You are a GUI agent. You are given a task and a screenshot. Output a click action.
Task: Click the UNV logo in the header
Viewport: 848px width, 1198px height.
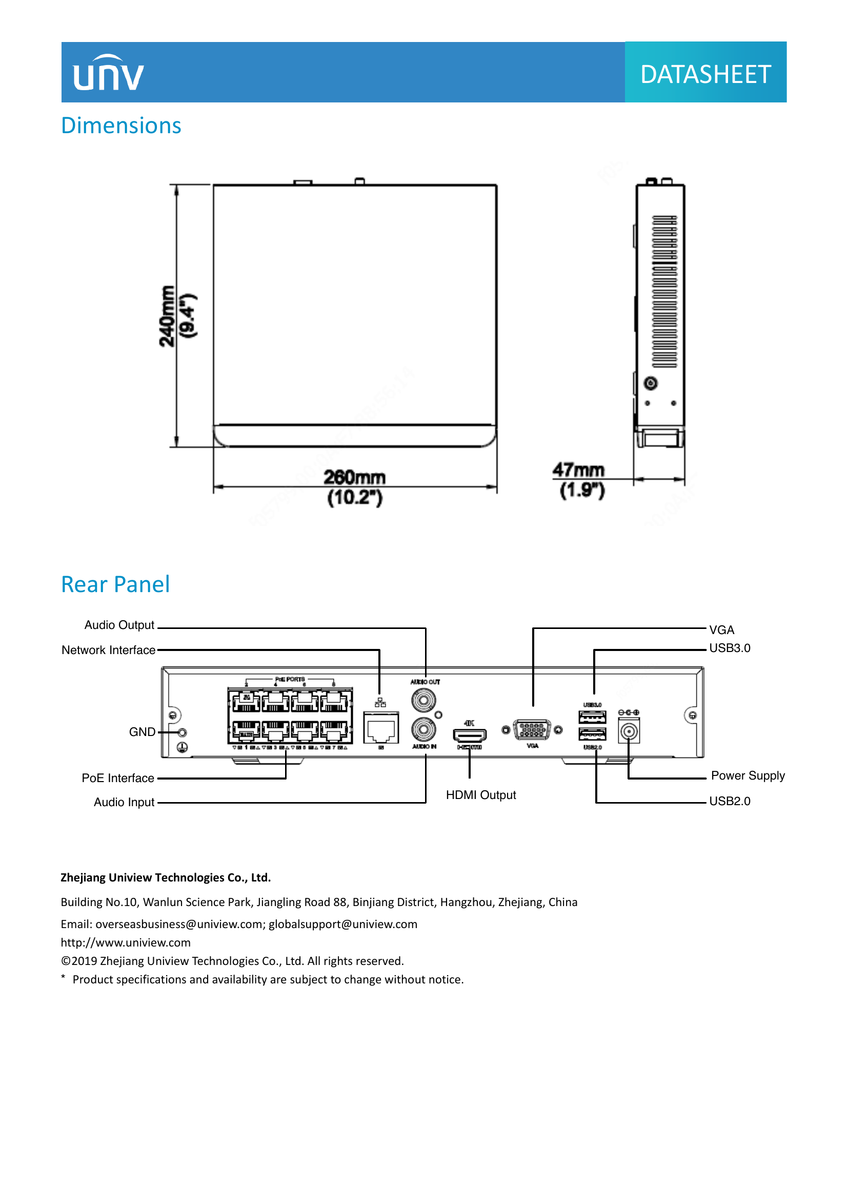(108, 74)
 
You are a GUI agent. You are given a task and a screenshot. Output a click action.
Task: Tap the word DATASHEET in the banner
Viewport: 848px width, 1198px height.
(705, 74)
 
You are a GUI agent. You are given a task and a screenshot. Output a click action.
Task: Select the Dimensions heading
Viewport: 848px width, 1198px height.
(121, 126)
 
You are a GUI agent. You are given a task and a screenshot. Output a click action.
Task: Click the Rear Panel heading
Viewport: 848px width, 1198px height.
(115, 584)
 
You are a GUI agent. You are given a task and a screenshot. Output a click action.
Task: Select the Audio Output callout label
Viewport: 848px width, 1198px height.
(119, 625)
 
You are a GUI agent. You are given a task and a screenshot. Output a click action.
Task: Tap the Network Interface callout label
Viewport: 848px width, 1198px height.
(109, 650)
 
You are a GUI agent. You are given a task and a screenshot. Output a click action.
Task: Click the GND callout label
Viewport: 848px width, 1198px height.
(142, 732)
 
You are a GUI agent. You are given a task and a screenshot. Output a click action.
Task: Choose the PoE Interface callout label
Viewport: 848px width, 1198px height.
(118, 778)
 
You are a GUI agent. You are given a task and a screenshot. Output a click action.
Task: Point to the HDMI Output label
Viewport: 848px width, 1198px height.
(480, 795)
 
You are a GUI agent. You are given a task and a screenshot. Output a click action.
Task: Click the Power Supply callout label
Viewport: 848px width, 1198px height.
(747, 775)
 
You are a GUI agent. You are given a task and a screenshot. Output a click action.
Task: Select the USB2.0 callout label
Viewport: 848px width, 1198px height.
(729, 801)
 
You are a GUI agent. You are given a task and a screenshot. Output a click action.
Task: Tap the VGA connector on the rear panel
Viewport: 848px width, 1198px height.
(532, 730)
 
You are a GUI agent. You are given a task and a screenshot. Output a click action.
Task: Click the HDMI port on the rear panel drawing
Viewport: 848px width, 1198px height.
(470, 735)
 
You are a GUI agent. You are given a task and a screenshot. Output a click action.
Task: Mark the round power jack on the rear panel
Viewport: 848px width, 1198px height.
(629, 731)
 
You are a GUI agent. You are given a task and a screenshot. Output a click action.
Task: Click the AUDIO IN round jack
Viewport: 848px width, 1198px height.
(423, 729)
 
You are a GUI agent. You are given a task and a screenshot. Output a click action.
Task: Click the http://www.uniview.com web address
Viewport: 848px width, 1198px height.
(126, 942)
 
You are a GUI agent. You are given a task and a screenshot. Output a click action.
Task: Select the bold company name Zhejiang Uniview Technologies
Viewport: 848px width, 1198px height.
(166, 878)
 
